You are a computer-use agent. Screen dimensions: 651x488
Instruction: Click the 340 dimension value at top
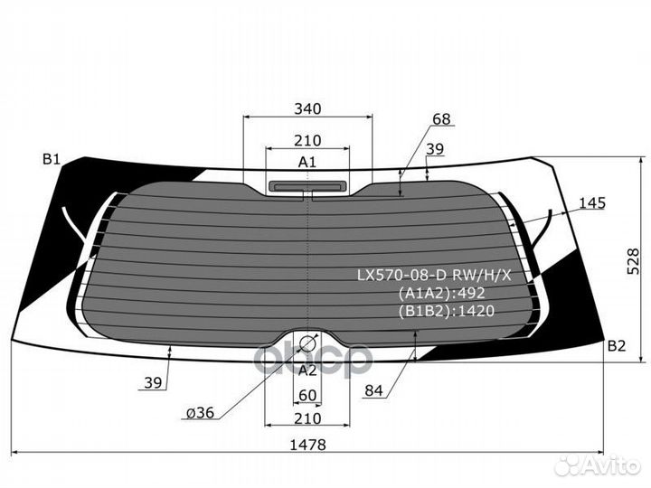tap(307, 108)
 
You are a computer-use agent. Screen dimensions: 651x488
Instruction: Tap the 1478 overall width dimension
tap(307, 445)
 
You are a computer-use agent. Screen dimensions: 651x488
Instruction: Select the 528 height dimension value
tap(633, 261)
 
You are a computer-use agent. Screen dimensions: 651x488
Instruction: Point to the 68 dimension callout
tap(441, 119)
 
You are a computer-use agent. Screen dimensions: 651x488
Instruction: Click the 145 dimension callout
tap(592, 203)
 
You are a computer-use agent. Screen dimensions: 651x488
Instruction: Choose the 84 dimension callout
tap(374, 390)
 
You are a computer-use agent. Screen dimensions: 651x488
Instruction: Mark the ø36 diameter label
tap(200, 413)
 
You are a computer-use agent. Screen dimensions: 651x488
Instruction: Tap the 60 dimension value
tap(307, 396)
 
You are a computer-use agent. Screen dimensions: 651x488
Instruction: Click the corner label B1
tap(52, 159)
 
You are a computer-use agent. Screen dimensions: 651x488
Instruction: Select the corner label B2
tap(617, 345)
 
